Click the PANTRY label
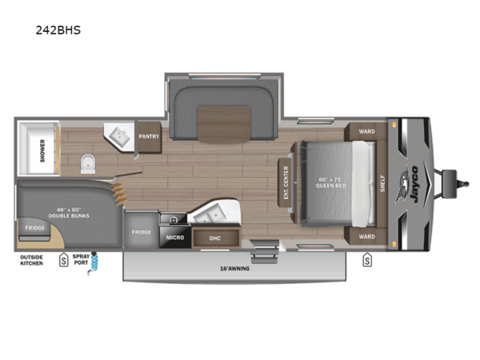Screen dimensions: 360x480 (149, 136)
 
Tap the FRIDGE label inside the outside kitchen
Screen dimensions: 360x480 (34, 228)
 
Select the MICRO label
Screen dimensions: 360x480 (176, 237)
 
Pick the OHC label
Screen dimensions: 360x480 (215, 238)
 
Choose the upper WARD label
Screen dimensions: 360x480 (366, 131)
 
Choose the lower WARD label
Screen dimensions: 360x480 (366, 236)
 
